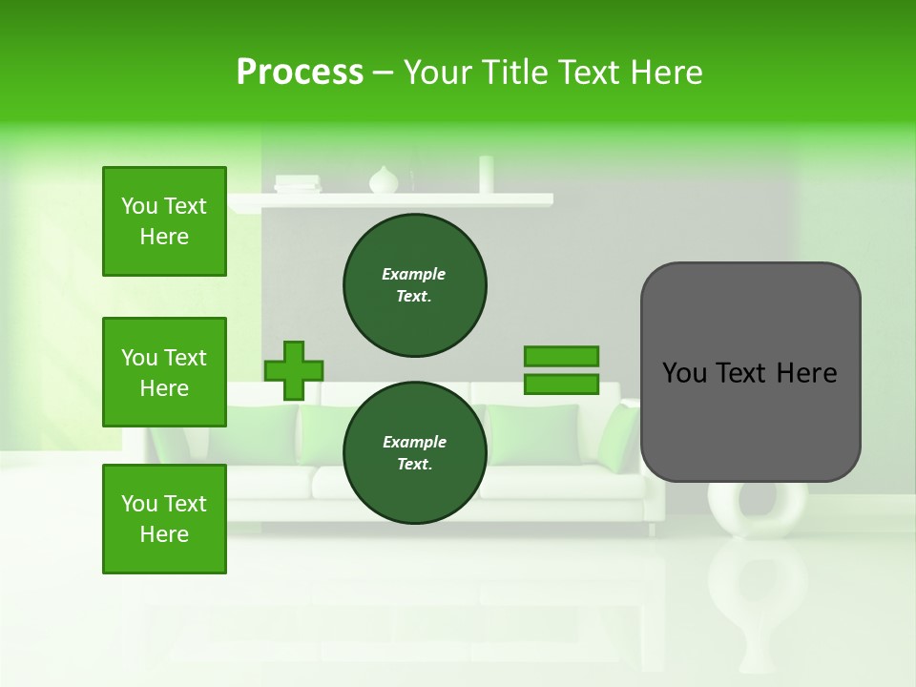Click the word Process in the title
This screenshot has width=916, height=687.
[300, 73]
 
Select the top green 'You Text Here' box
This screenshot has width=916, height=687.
[164, 221]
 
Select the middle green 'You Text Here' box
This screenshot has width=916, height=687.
[164, 372]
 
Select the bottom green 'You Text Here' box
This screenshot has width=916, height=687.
[164, 519]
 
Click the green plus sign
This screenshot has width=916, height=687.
[293, 370]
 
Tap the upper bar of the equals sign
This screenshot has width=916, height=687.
[561, 356]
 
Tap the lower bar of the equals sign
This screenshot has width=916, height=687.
[561, 385]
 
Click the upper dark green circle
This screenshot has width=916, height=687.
[414, 285]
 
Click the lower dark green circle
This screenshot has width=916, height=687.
[414, 453]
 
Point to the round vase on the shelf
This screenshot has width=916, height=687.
[384, 180]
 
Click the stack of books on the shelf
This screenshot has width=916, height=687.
[298, 184]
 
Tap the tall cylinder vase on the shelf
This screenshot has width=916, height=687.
[487, 175]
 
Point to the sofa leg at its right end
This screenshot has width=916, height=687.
[652, 528]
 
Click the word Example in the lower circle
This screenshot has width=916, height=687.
[414, 442]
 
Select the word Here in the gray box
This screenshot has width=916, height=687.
[806, 373]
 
